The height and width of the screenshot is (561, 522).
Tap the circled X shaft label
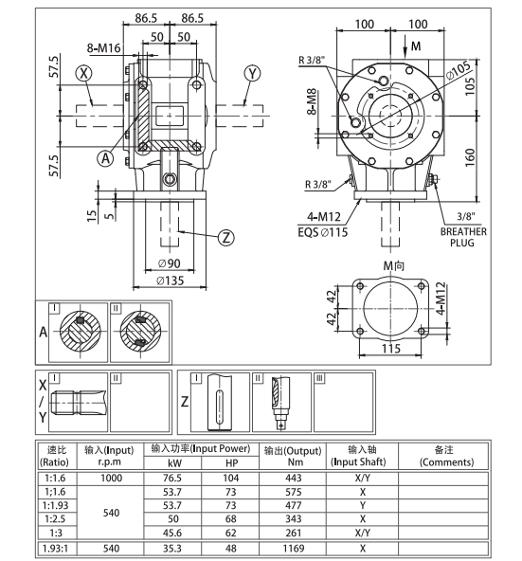86,73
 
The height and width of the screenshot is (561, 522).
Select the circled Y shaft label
251,73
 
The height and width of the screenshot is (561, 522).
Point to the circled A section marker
105,159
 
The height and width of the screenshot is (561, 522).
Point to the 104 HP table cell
231,479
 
